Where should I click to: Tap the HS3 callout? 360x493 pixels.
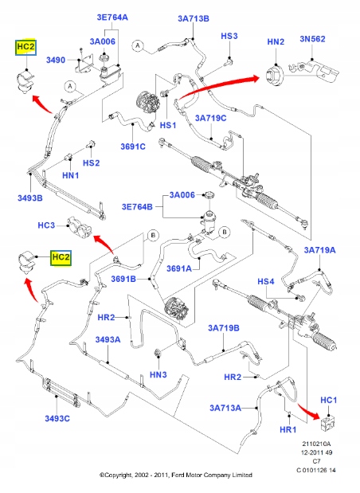(229, 36)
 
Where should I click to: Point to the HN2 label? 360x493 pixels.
(276, 41)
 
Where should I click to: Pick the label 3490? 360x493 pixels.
(56, 60)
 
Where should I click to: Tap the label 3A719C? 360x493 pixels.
(210, 118)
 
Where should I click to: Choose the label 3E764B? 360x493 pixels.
(137, 207)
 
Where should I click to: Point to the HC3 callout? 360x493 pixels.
(46, 225)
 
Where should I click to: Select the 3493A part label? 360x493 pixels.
(108, 339)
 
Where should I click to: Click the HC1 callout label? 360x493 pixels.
(329, 399)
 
